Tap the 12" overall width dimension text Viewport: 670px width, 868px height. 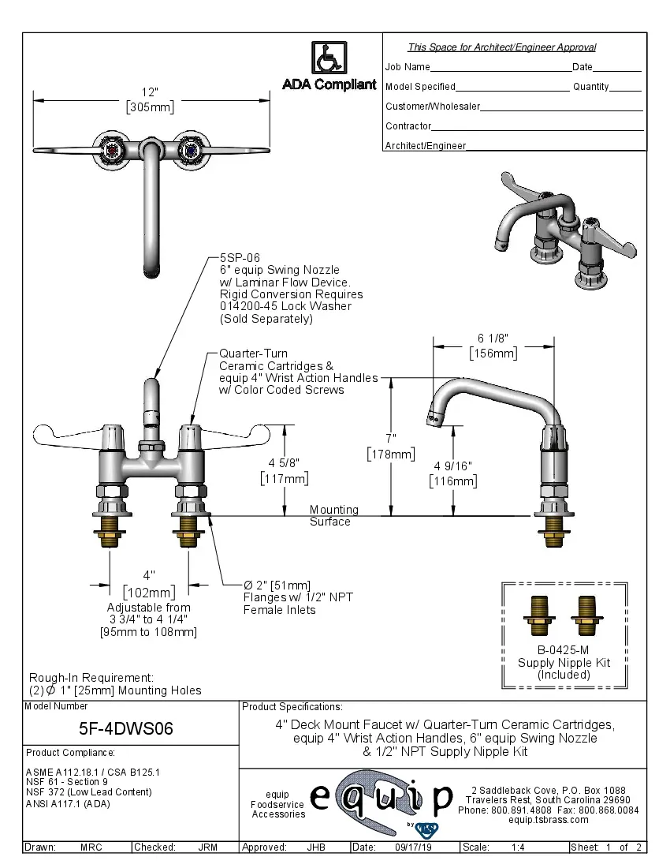tap(150, 92)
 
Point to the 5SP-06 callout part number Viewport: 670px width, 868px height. tap(240, 258)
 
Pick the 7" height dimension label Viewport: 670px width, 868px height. tap(390, 437)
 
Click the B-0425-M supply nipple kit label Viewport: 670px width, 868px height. tap(564, 650)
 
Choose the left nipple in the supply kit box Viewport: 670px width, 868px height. tap(542, 615)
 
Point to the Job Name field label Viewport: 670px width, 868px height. tap(408, 67)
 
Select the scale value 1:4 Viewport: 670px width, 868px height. tap(519, 847)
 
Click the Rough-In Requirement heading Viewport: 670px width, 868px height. tap(91, 677)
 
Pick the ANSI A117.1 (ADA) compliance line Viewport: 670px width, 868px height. tap(68, 803)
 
